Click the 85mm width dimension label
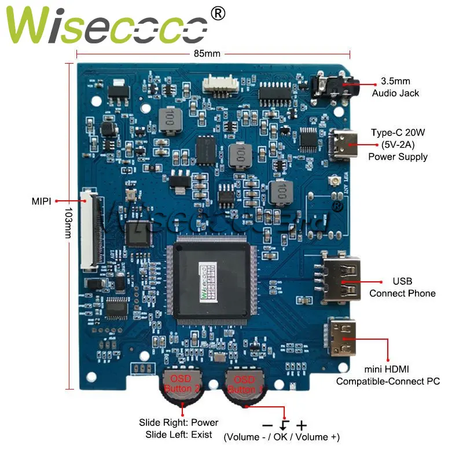click(x=207, y=54)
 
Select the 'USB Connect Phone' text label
click(x=402, y=287)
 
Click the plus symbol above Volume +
click(x=302, y=425)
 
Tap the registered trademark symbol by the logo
click(x=218, y=13)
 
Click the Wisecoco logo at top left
click(x=107, y=26)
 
